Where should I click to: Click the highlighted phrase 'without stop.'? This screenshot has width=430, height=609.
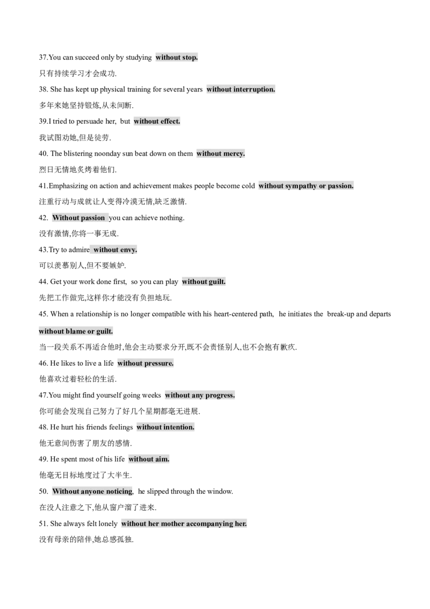pyautogui.click(x=177, y=58)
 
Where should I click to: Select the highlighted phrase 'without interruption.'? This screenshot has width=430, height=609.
pyautogui.click(x=241, y=89)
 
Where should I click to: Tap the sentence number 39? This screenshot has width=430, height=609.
pyautogui.click(x=43, y=121)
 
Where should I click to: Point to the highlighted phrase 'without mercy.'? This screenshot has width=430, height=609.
pyautogui.click(x=220, y=153)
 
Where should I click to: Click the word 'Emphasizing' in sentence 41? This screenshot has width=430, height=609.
pyautogui.click(x=68, y=186)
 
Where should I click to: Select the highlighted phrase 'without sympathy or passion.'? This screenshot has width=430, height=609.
pyautogui.click(x=306, y=186)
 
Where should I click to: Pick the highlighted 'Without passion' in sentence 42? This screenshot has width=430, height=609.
pyautogui.click(x=78, y=218)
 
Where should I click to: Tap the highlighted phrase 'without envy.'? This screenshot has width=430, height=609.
pyautogui.click(x=115, y=250)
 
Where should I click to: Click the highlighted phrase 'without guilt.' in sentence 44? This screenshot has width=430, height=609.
pyautogui.click(x=203, y=281)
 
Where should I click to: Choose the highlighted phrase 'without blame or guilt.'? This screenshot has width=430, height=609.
pyautogui.click(x=76, y=331)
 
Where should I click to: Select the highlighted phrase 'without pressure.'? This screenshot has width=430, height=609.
pyautogui.click(x=145, y=363)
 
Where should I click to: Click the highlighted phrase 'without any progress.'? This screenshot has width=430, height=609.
pyautogui.click(x=200, y=395)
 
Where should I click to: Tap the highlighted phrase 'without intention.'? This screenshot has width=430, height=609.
pyautogui.click(x=166, y=427)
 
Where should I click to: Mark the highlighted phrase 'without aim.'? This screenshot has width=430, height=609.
pyautogui.click(x=149, y=459)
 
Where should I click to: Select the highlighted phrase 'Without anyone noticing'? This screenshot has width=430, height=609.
pyautogui.click(x=92, y=491)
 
